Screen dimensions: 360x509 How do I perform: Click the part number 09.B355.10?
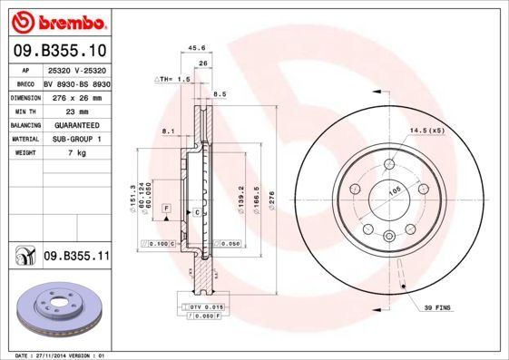click(x=60, y=51)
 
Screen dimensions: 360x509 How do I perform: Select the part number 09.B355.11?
click(x=76, y=258)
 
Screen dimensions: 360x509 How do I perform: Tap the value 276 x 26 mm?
click(x=76, y=96)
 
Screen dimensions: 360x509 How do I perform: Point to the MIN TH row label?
click(x=24, y=110)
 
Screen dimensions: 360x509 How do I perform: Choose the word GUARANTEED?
click(x=76, y=124)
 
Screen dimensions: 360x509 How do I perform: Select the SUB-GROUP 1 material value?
click(x=76, y=139)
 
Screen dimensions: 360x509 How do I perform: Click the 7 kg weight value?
click(x=76, y=153)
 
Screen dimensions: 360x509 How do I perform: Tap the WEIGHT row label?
click(x=24, y=153)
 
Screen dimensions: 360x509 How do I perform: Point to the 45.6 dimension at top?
click(x=196, y=49)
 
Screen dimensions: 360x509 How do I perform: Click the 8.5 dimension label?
click(x=220, y=94)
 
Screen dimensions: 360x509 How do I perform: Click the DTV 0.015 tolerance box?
click(x=206, y=307)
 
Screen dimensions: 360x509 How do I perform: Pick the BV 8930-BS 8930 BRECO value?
click(x=76, y=82)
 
